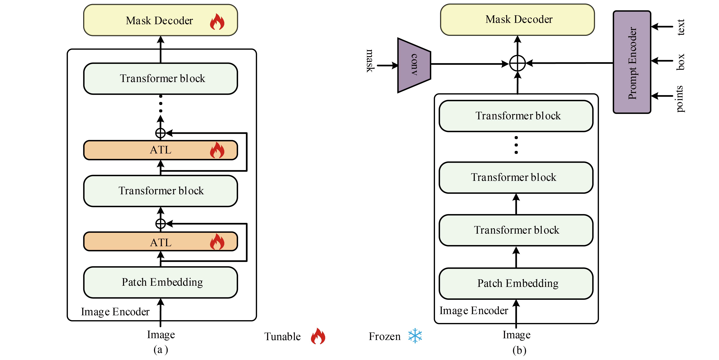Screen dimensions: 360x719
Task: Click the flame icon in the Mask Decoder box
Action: pyautogui.click(x=217, y=22)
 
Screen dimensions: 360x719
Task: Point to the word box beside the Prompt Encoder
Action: pyautogui.click(x=680, y=62)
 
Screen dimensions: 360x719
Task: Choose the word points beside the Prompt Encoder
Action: pyautogui.click(x=680, y=99)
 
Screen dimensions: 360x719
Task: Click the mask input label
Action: pyautogui.click(x=370, y=61)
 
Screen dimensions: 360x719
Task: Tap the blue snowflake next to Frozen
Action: pyautogui.click(x=415, y=336)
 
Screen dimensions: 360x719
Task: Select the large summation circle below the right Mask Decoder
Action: pyautogui.click(x=518, y=63)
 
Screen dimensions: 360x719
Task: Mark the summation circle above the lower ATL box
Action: pyautogui.click(x=160, y=224)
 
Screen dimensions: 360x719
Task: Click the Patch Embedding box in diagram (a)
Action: pyautogui.click(x=160, y=282)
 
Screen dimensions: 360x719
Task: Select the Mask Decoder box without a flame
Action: pyautogui.click(x=517, y=19)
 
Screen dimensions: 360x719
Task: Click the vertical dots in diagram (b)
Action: pyautogui.click(x=516, y=145)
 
